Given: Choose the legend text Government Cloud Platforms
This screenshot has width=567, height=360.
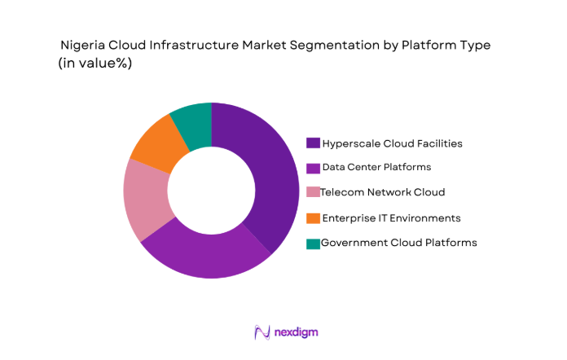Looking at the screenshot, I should coord(398,243).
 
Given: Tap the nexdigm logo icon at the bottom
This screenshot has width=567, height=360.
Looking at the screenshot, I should coord(262,332).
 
